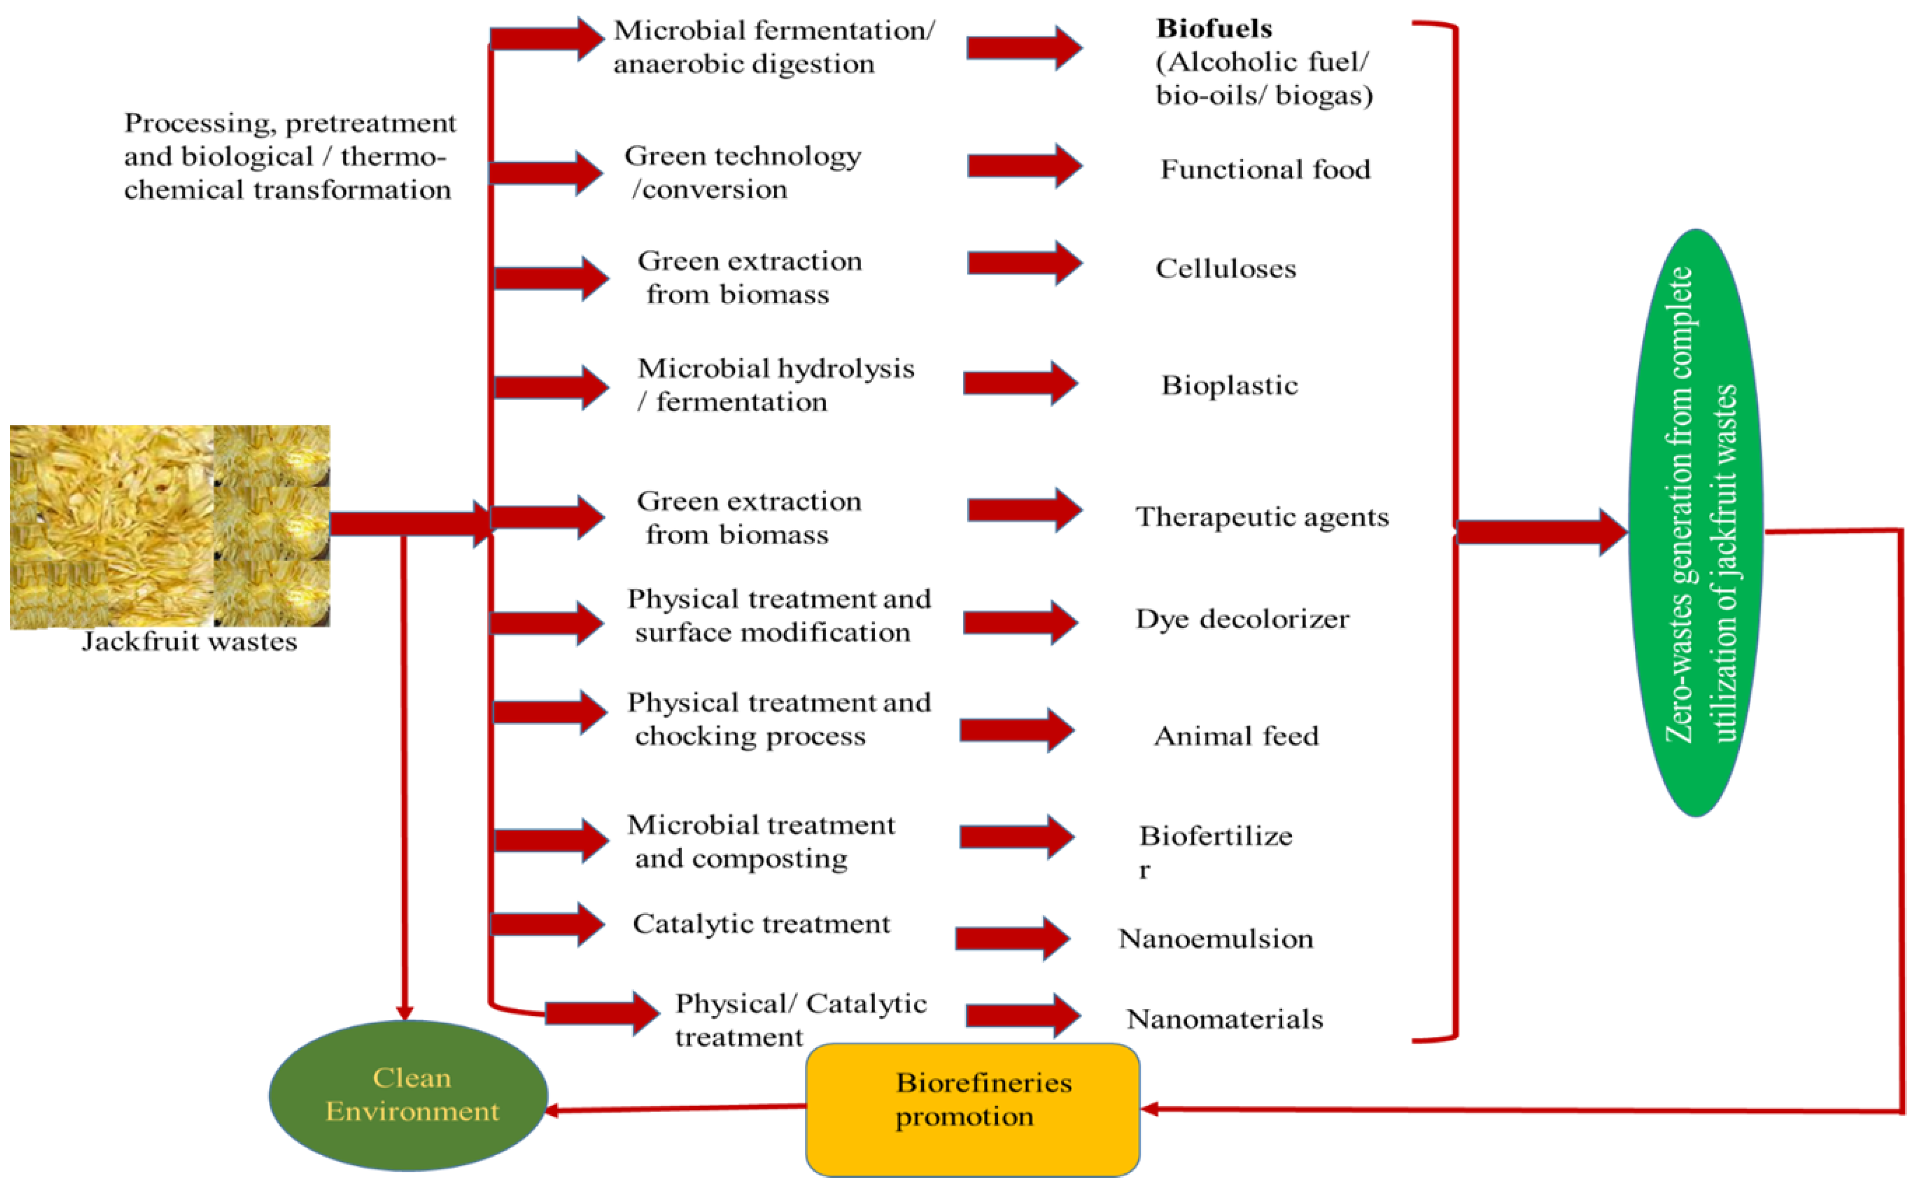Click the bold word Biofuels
(1214, 29)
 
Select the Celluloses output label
(1225, 269)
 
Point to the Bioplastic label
(1229, 385)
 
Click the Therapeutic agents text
(1262, 517)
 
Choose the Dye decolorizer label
(1242, 620)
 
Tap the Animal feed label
(1236, 736)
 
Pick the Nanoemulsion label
(1215, 939)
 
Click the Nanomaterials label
(1224, 1020)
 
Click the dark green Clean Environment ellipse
(409, 1095)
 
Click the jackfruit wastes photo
(170, 525)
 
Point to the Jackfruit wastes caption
(189, 642)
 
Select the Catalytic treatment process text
(761, 924)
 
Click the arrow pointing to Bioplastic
(1020, 384)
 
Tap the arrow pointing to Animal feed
(1016, 731)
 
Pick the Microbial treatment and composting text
(759, 842)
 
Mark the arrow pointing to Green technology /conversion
(546, 173)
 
